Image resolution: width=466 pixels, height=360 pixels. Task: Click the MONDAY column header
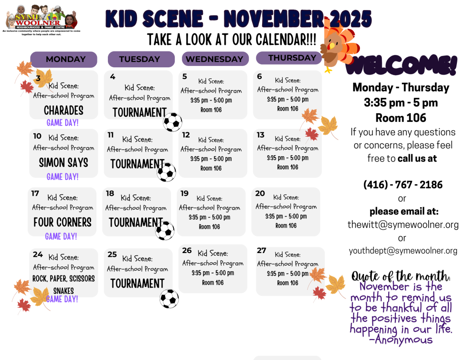tap(64, 59)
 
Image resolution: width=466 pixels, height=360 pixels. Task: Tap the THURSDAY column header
tap(289, 58)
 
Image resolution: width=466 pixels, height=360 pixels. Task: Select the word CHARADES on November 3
tap(64, 110)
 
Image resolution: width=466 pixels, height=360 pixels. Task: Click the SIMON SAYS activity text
tap(64, 162)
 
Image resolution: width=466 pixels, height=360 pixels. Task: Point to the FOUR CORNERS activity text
tap(62, 223)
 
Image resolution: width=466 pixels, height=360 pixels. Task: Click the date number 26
tap(187, 251)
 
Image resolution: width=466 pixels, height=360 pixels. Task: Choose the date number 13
tap(261, 135)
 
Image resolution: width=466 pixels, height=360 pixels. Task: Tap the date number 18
tap(110, 193)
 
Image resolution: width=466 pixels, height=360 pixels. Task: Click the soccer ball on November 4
tap(172, 122)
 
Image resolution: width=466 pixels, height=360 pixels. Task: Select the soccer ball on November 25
tap(169, 299)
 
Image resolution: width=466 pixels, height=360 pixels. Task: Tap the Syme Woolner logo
tap(41, 20)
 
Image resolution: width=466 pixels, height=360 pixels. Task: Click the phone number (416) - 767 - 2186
tap(403, 185)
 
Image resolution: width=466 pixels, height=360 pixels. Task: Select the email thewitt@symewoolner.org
tap(403, 225)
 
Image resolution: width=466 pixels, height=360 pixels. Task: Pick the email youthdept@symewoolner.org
tap(403, 251)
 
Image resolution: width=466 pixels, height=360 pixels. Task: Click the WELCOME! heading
tap(401, 66)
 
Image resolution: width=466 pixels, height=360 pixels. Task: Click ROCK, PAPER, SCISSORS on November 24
tap(64, 279)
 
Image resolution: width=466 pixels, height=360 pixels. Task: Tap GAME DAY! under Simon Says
tap(62, 177)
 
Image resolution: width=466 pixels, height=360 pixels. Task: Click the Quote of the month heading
tap(401, 276)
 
